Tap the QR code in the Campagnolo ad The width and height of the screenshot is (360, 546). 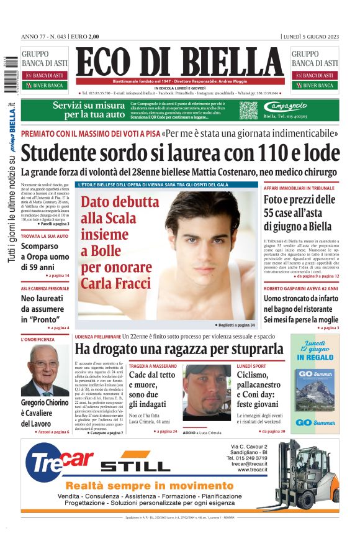tap(248, 110)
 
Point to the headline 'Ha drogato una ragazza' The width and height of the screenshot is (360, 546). tap(179, 349)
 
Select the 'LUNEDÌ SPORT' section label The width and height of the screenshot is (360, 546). tap(253, 366)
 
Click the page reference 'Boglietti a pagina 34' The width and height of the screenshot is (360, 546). tap(235, 325)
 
